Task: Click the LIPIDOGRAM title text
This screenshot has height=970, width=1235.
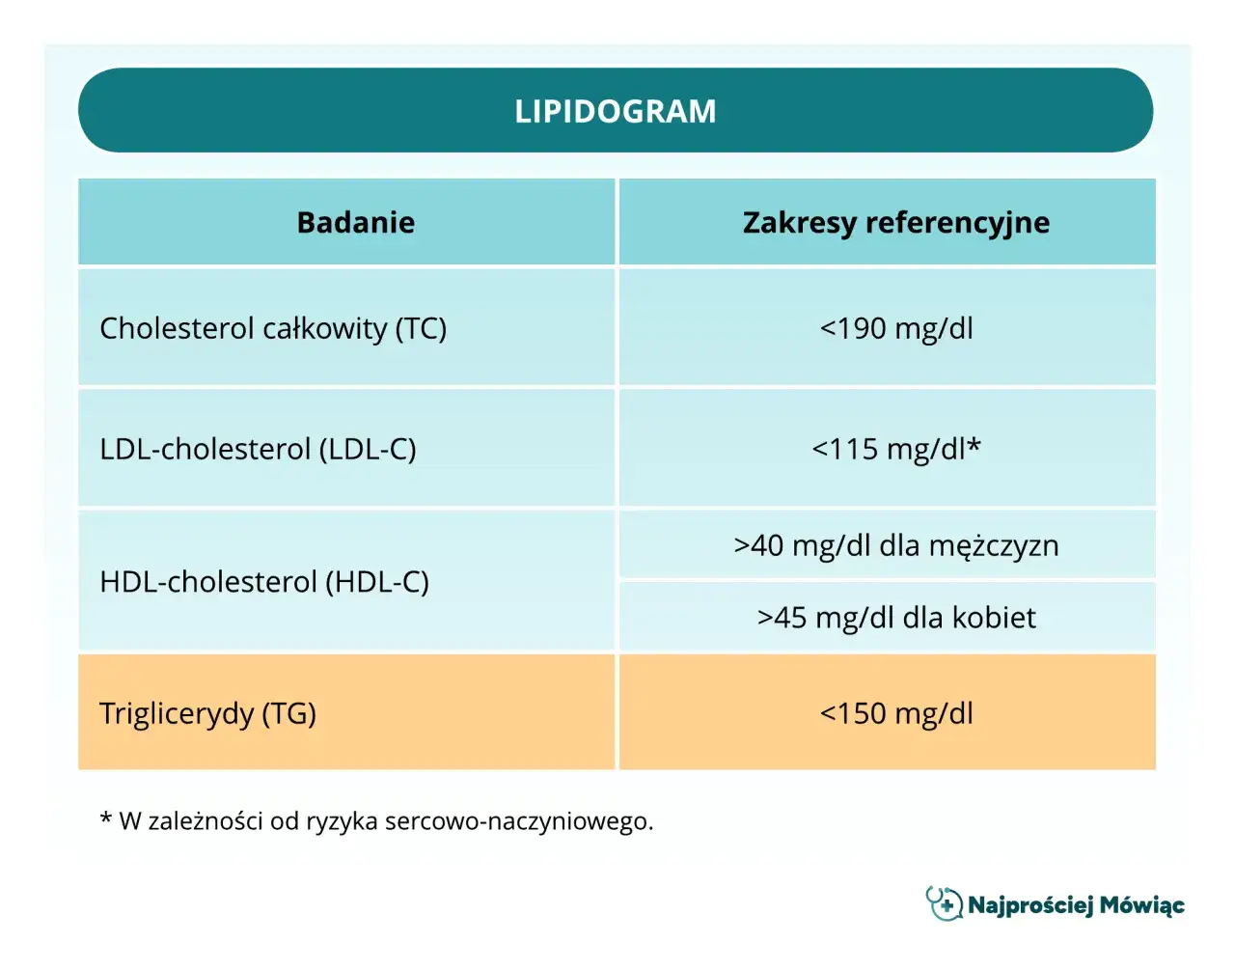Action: [x=615, y=111]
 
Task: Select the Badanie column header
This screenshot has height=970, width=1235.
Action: [x=355, y=223]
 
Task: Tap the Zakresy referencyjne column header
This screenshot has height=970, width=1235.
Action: [x=895, y=223]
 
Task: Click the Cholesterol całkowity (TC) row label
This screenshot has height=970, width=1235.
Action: [x=273, y=328]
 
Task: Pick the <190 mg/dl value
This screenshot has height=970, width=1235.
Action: [x=895, y=328]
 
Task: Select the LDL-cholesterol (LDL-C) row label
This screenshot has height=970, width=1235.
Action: [x=258, y=449]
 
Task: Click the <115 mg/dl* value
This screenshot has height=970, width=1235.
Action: [x=895, y=449]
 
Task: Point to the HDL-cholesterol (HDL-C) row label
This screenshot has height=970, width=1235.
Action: [x=264, y=582]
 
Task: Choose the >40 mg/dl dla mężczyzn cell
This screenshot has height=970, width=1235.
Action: [x=895, y=545]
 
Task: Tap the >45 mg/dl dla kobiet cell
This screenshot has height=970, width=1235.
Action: [x=895, y=618]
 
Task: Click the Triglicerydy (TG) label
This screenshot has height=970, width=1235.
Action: [x=207, y=713]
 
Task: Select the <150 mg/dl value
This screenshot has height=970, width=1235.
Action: [x=895, y=713]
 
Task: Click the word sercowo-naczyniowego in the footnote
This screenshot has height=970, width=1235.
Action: [x=518, y=821]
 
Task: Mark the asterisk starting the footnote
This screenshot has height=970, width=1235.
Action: [x=105, y=820]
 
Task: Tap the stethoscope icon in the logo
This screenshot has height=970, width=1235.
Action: [x=944, y=903]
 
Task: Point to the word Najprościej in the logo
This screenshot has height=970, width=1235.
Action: [x=1029, y=905]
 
